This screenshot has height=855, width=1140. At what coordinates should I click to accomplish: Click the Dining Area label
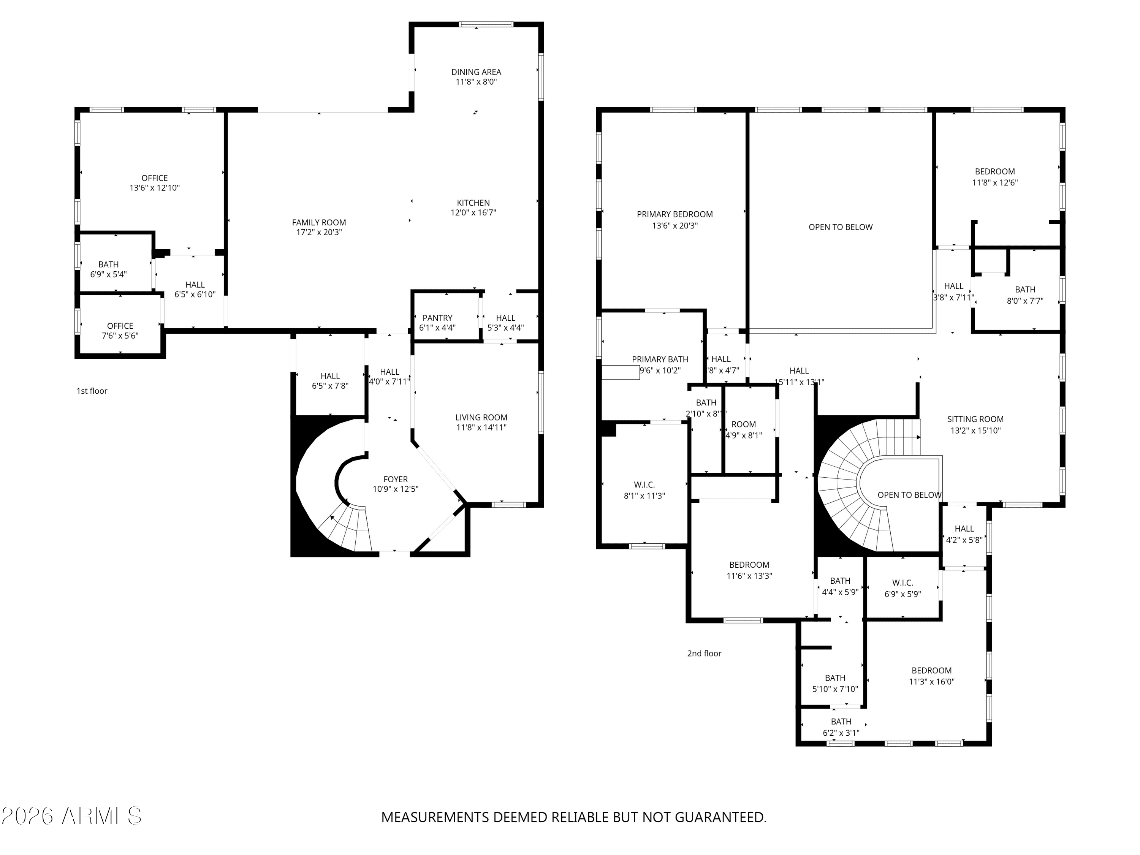(x=476, y=72)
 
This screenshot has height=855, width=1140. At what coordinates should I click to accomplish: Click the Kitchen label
(x=473, y=203)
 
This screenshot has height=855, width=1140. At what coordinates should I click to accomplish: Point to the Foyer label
(x=395, y=479)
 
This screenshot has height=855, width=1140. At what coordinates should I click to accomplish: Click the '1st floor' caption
(x=92, y=391)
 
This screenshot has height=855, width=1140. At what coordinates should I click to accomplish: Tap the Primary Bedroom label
(x=674, y=214)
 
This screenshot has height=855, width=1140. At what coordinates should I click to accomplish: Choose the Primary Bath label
(x=660, y=359)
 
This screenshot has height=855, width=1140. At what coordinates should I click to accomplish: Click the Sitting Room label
(x=975, y=420)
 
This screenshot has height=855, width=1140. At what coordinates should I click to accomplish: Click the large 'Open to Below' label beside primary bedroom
(x=840, y=227)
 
